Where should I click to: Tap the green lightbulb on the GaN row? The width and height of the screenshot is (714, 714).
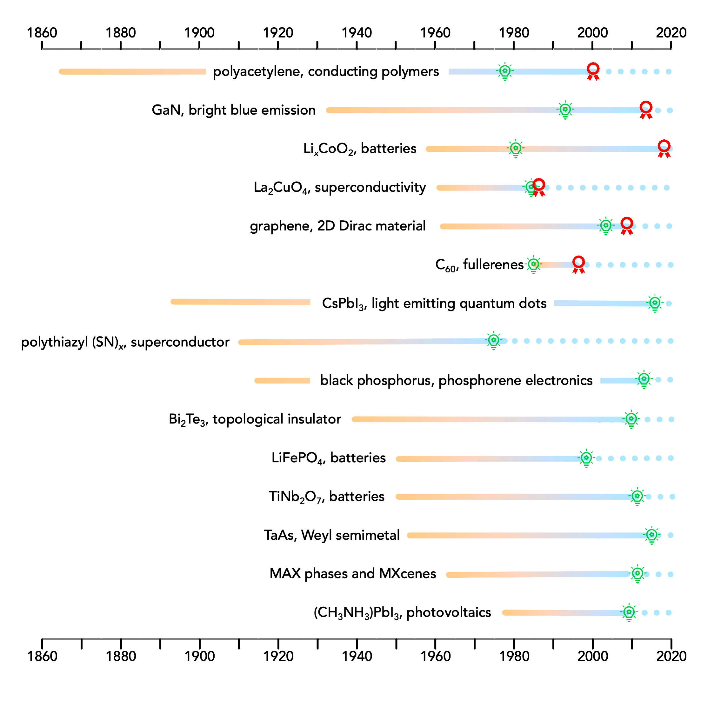click(x=565, y=110)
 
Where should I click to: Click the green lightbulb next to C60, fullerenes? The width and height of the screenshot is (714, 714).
click(x=533, y=264)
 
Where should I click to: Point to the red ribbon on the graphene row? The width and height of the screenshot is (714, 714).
click(x=626, y=225)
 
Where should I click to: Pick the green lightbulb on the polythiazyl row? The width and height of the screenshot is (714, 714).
click(x=493, y=340)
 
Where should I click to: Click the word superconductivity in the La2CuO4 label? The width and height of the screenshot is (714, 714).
click(x=370, y=187)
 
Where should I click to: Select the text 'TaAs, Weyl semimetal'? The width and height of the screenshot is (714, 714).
click(x=331, y=535)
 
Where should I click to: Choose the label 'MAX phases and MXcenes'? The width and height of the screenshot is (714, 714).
click(x=353, y=574)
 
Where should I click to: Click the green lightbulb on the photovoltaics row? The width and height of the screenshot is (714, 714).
click(x=629, y=612)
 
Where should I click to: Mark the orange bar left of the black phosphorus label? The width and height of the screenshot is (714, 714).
click(x=282, y=381)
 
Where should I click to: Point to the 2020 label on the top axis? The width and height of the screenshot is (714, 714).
click(x=671, y=33)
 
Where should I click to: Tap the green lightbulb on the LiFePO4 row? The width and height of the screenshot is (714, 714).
click(x=586, y=458)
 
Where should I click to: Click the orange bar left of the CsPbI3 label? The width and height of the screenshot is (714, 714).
click(x=240, y=302)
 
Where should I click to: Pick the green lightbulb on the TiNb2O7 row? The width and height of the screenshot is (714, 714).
click(x=637, y=496)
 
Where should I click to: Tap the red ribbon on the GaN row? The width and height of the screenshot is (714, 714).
click(x=646, y=110)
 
